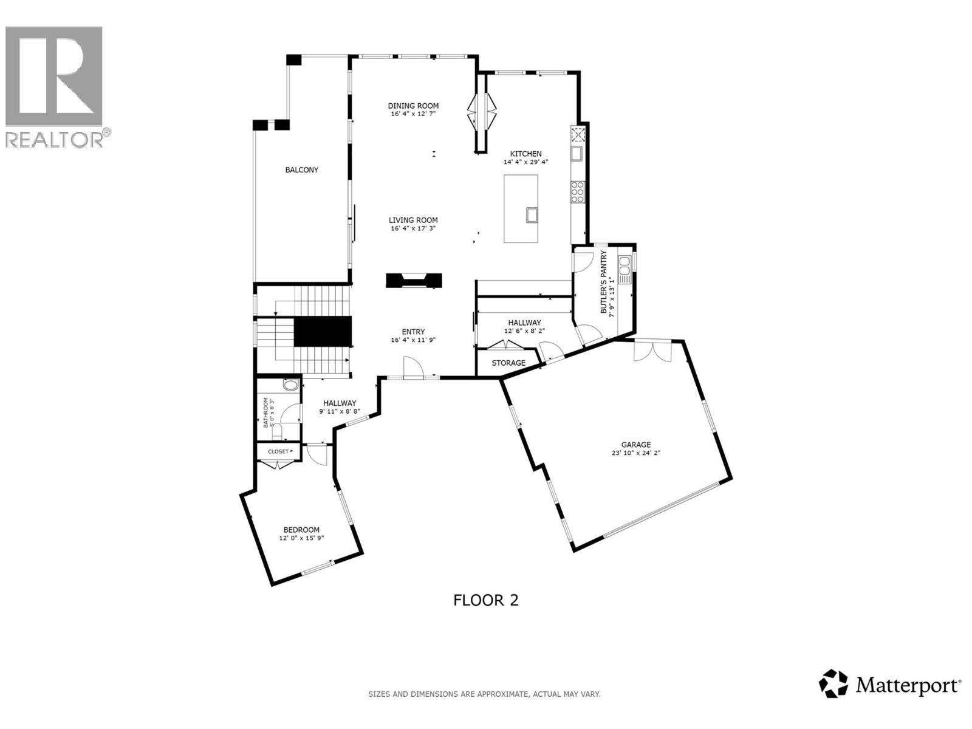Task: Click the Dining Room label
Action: [x=413, y=106]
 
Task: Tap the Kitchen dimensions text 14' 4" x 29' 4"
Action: [x=525, y=162]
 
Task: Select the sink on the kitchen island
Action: [x=532, y=214]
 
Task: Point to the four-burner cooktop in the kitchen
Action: [x=577, y=191]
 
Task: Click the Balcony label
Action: [x=302, y=170]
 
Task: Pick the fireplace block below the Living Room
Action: [x=414, y=280]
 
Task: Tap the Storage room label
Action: [x=508, y=363]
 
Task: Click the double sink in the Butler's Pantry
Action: [x=625, y=270]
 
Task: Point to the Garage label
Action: [x=635, y=445]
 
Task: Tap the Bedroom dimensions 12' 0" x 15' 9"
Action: [x=301, y=538]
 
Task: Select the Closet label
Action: [x=278, y=451]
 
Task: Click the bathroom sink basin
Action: [x=291, y=385]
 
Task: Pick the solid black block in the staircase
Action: [x=323, y=332]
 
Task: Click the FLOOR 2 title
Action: [x=486, y=600]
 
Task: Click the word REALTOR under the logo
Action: [x=55, y=140]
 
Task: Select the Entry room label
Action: [x=413, y=332]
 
